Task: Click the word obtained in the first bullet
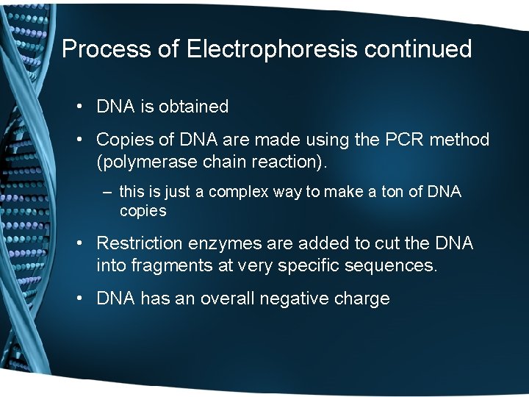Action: pos(194,107)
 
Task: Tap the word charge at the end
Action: pos(364,299)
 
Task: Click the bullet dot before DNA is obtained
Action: pos(79,107)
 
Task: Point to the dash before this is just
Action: pos(108,192)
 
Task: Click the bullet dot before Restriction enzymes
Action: pos(79,243)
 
